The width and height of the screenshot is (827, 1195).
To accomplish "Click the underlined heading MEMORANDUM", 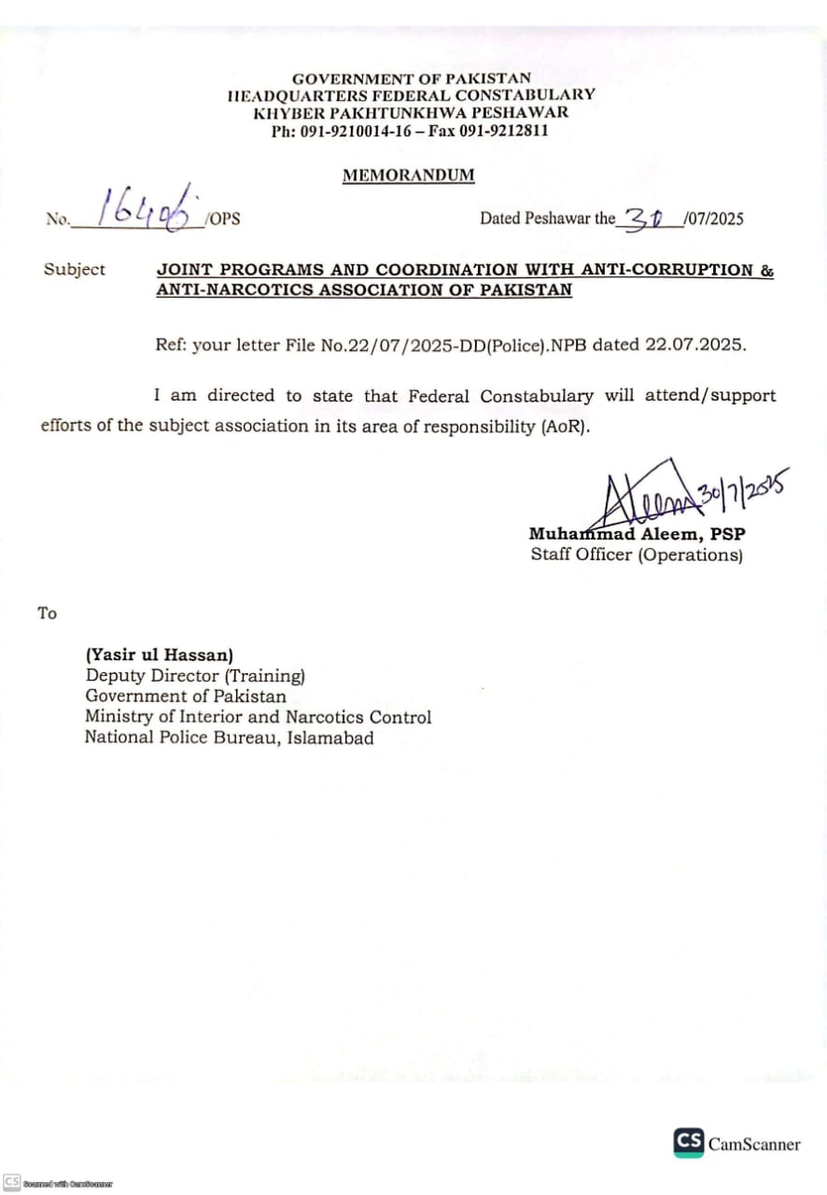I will click(408, 175).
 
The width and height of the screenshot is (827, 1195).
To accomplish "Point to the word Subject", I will click(75, 270).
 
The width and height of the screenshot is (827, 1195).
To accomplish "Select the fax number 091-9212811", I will click(503, 131).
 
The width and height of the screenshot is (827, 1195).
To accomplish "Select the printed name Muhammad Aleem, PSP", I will click(637, 535).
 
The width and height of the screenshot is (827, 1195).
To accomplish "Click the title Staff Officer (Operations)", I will click(637, 555).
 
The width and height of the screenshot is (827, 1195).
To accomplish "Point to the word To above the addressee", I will click(47, 613).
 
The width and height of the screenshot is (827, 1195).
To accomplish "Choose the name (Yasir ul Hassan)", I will click(159, 655).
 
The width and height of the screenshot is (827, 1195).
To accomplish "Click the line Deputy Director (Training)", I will click(195, 676).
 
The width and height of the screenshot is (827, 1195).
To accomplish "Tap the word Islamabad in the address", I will click(331, 738).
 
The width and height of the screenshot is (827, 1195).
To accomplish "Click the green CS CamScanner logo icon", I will click(688, 1143).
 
